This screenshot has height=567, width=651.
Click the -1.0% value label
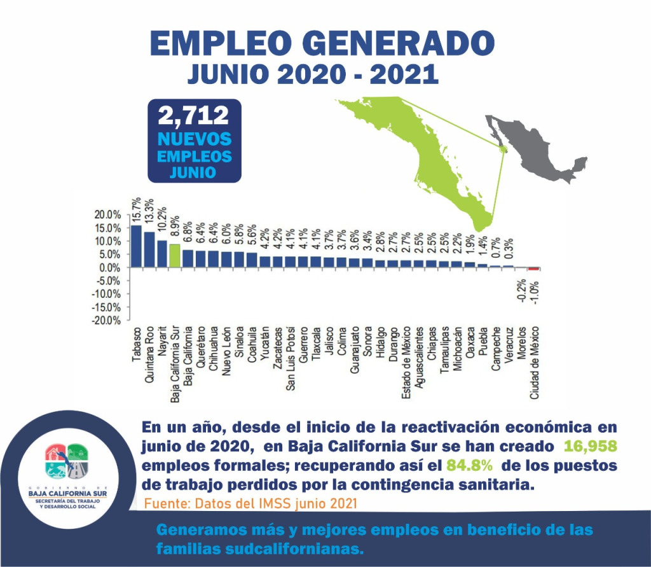coord(535,292)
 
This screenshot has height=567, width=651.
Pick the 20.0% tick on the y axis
coord(107,215)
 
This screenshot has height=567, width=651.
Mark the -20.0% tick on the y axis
coord(107,321)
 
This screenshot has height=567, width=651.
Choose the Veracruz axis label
coord(509,347)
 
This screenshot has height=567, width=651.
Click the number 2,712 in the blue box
coord(194,116)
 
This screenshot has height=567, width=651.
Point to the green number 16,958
coord(591,445)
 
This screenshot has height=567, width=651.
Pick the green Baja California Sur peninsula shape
coord(432,159)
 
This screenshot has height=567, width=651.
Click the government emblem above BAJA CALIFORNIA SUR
coord(67,461)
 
